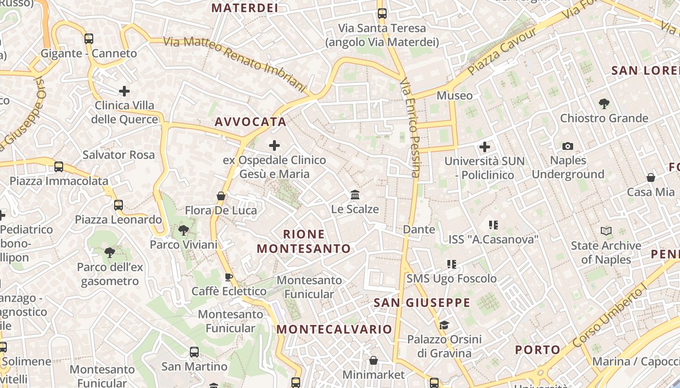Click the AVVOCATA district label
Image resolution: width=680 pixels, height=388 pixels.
point(251,122)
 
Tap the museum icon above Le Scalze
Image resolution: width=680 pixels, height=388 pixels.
point(355,195)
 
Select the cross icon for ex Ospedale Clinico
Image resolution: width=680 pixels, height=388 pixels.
point(274,145)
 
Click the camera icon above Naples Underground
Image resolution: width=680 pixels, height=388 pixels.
point(567,146)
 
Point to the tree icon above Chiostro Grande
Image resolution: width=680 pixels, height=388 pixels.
point(604,103)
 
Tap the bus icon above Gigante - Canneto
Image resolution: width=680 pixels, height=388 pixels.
point(88,39)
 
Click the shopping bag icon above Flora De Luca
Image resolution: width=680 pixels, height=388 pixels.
point(221,196)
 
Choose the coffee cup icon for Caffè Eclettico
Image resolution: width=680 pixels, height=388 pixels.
point(229,277)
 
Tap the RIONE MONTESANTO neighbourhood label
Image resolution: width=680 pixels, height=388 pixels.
point(304,242)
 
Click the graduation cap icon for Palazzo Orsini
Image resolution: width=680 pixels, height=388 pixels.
point(444,324)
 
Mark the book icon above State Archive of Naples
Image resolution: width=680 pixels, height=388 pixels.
point(606,231)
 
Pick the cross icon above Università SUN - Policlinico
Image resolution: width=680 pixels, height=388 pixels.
point(484,146)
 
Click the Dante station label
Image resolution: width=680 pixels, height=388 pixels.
point(419,229)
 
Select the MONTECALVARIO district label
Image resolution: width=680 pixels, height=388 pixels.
point(334,329)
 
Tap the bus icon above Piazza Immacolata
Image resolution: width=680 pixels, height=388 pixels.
point(59,167)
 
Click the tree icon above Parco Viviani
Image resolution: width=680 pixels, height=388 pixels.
point(184,230)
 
